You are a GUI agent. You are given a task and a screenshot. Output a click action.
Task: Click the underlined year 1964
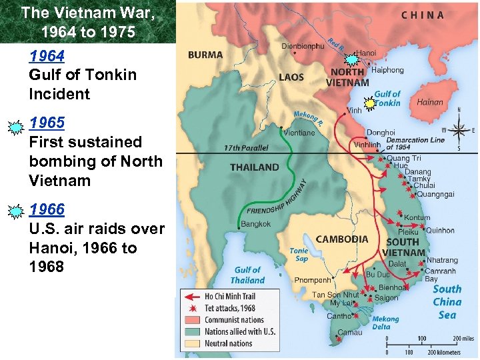47,55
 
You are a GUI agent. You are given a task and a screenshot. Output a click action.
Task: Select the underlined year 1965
47,123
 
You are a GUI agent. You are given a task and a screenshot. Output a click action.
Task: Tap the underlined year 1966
47,209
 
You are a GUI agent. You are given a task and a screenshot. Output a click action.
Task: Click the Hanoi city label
366,51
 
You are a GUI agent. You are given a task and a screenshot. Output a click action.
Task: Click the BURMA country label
205,55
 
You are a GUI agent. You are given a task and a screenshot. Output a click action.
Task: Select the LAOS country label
291,77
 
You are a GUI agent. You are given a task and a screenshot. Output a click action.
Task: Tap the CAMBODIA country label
341,239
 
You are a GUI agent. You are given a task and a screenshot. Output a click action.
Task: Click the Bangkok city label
256,224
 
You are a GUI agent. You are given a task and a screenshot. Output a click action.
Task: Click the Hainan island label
429,103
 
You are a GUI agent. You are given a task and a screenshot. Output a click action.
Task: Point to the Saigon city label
387,298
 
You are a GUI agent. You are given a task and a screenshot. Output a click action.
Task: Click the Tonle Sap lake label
299,255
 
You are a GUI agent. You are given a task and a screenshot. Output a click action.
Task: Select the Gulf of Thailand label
248,275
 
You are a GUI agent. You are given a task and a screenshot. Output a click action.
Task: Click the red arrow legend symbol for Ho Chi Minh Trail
193,296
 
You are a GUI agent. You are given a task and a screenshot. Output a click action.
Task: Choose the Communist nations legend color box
193,320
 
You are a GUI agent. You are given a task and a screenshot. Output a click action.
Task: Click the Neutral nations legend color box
193,343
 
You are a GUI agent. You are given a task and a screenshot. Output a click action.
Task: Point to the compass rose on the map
458,129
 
